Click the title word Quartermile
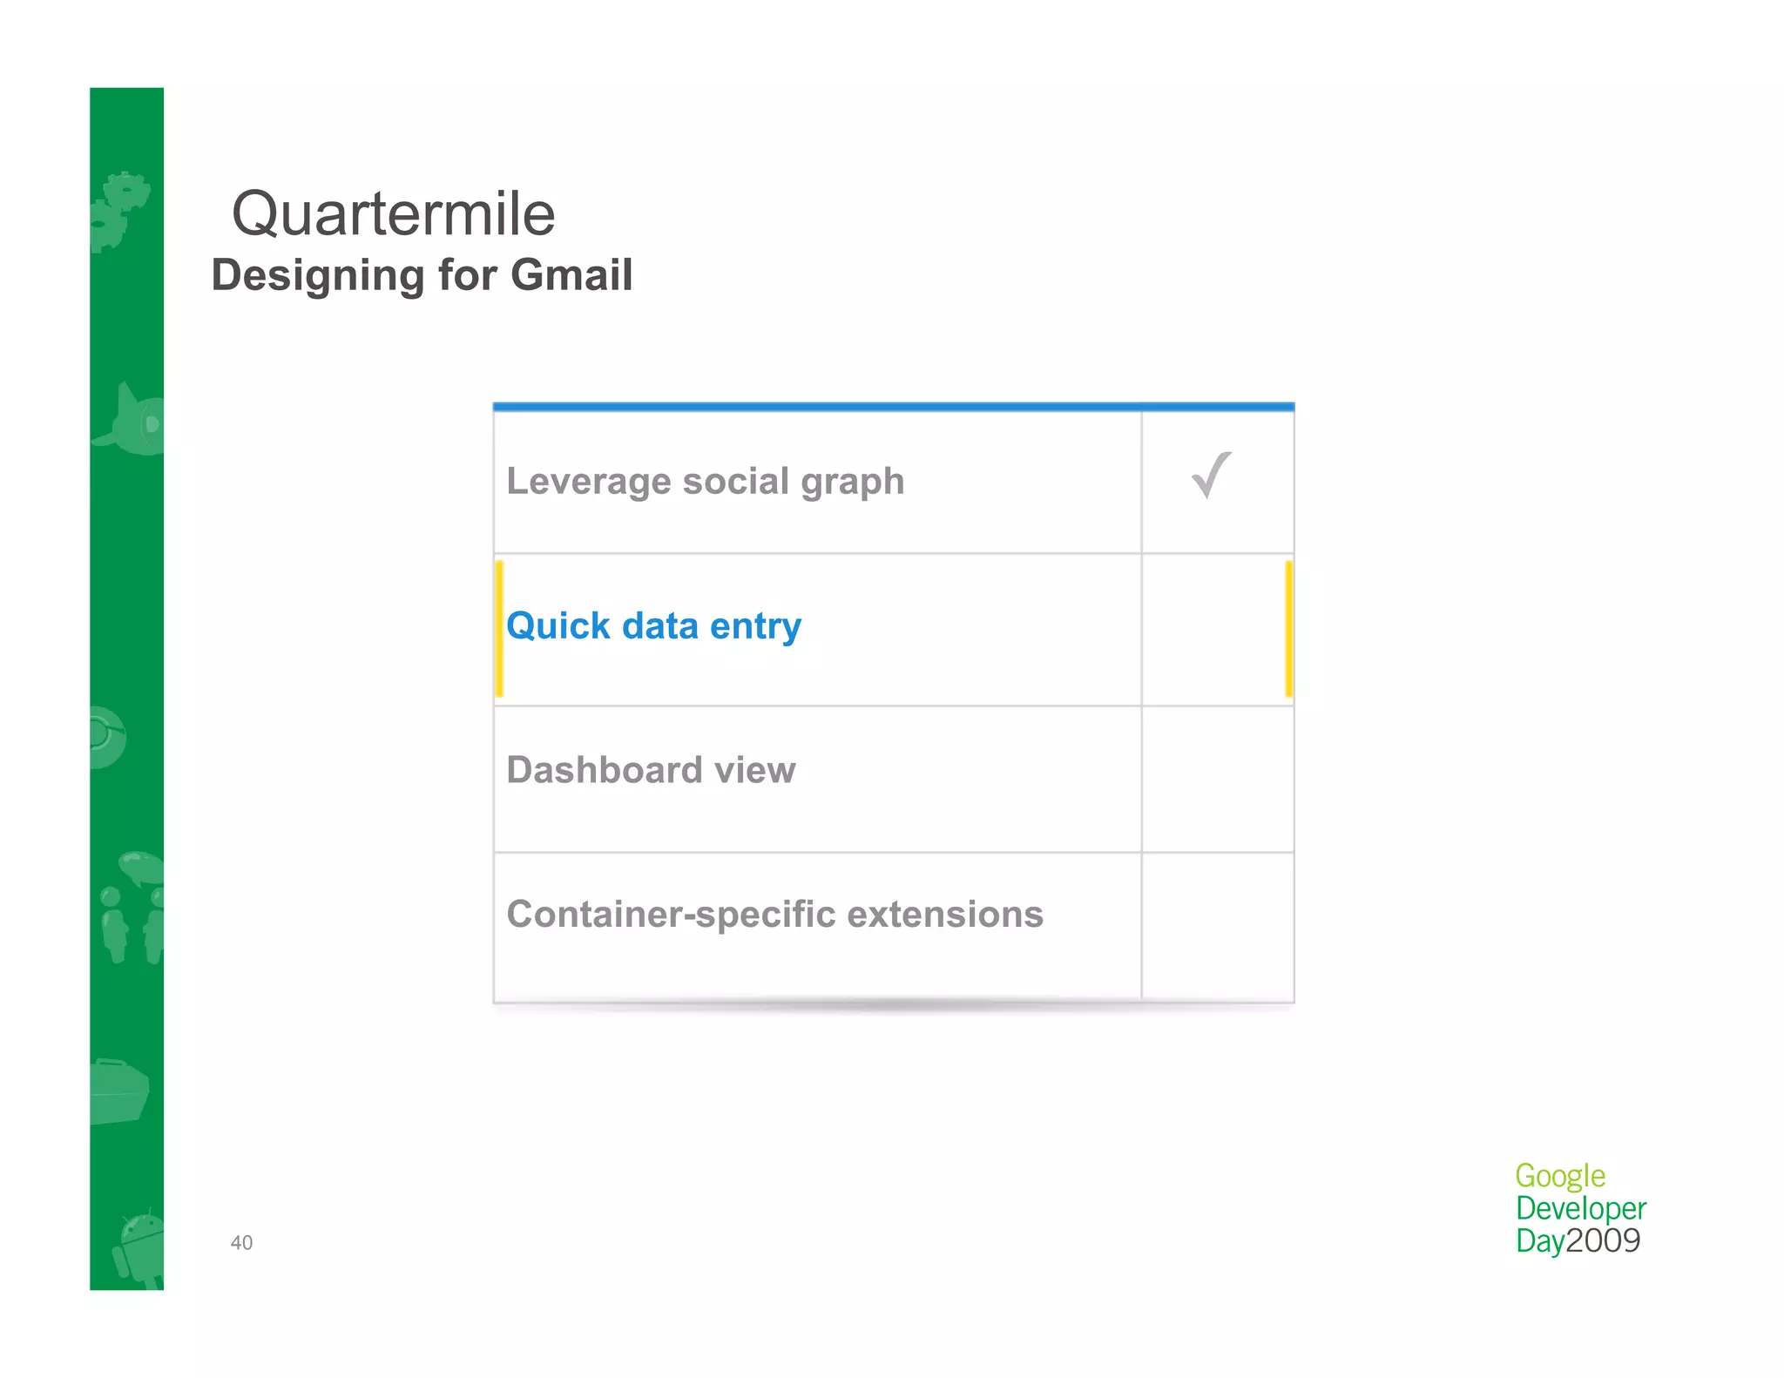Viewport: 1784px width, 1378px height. pos(393,214)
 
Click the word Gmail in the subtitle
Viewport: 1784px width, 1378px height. pos(571,275)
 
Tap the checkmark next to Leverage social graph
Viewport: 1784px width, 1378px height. pos(1211,476)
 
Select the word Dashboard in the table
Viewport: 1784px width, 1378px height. pos(605,770)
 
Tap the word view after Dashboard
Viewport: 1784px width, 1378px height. pos(754,771)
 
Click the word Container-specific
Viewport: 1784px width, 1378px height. pos(671,915)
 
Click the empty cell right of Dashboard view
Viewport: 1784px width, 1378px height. pos(1217,779)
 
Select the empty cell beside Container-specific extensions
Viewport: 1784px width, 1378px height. pos(1217,925)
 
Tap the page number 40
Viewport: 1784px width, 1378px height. pos(241,1243)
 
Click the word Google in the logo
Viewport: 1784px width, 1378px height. pos(1559,1177)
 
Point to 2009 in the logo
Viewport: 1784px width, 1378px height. pos(1603,1240)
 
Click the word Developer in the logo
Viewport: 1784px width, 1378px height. pos(1580,1209)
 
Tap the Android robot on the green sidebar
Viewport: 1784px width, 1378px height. pos(139,1247)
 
